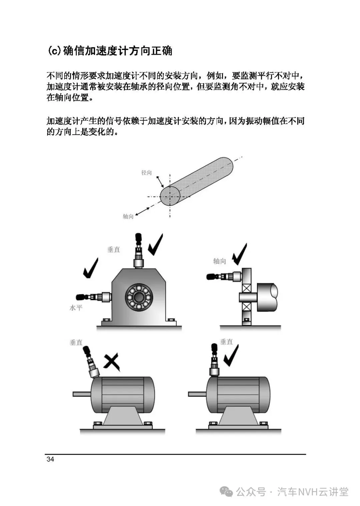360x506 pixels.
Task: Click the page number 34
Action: [x=50, y=459]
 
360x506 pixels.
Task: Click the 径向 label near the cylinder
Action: [x=146, y=173]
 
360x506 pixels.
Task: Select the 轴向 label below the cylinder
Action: [x=128, y=216]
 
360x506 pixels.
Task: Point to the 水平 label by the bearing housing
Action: [x=76, y=308]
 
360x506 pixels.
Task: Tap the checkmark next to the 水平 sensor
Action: [x=91, y=268]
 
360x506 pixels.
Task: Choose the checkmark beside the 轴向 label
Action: [x=239, y=254]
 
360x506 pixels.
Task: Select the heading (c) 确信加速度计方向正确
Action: [x=110, y=51]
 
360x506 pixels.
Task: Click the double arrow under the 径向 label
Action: [x=160, y=182]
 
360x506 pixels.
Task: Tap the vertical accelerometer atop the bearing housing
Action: [x=138, y=251]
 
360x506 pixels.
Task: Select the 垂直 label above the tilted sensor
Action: [x=76, y=343]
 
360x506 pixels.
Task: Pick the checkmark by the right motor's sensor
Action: [x=231, y=356]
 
